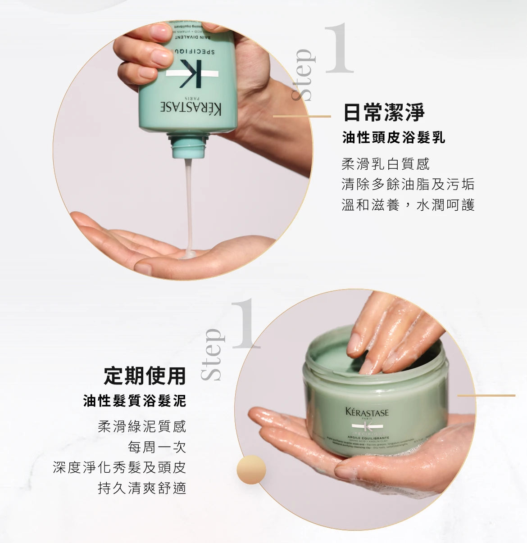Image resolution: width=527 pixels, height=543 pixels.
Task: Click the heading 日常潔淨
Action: coord(384,112)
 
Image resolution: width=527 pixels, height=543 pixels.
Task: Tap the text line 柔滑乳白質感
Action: coord(386,164)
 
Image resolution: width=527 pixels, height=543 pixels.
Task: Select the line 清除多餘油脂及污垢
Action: coord(408,184)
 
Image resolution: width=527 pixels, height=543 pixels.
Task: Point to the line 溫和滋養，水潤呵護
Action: coord(408,205)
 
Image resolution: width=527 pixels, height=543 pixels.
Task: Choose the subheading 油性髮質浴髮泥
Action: coord(135,401)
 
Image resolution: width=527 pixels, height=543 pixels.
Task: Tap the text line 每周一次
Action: coord(157,447)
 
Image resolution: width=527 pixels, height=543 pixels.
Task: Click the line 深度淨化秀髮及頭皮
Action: coord(119,467)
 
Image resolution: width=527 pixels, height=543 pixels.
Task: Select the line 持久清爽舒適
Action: coord(142,488)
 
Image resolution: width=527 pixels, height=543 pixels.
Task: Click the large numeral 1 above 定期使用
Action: coord(246,324)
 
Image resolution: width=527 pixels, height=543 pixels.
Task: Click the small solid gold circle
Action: coord(251,470)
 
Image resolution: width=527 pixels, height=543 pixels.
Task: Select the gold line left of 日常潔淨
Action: coord(302,117)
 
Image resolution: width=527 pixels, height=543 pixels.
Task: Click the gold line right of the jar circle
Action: coord(486,395)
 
